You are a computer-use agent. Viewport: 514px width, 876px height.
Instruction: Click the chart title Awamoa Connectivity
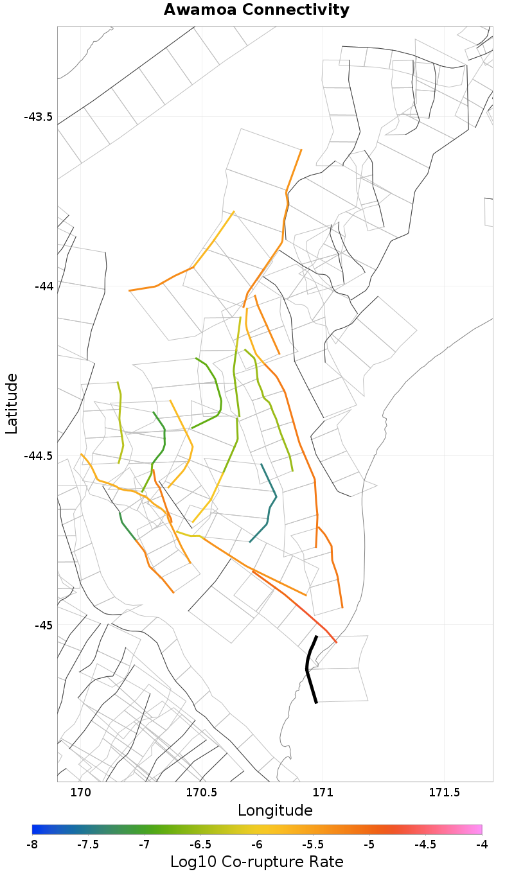[x=256, y=10]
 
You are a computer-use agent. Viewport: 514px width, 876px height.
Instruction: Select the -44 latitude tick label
[x=43, y=286]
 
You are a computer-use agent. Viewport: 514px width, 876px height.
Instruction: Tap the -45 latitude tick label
[x=43, y=625]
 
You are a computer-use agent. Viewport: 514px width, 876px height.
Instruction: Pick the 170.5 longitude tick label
[x=202, y=793]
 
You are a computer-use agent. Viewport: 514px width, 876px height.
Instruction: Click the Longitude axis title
[x=275, y=810]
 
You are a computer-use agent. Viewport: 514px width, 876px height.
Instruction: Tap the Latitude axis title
[x=12, y=404]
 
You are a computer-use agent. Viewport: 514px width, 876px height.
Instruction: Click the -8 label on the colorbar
[x=32, y=844]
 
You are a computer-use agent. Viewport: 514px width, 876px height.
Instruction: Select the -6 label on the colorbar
[x=257, y=844]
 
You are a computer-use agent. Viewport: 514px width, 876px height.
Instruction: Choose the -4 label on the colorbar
[x=481, y=844]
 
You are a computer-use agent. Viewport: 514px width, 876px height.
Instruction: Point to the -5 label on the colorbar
[x=369, y=844]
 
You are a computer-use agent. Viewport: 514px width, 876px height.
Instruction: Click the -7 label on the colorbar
[x=145, y=844]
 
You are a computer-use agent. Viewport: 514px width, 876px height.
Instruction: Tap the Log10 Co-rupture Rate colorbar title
[x=257, y=862]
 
